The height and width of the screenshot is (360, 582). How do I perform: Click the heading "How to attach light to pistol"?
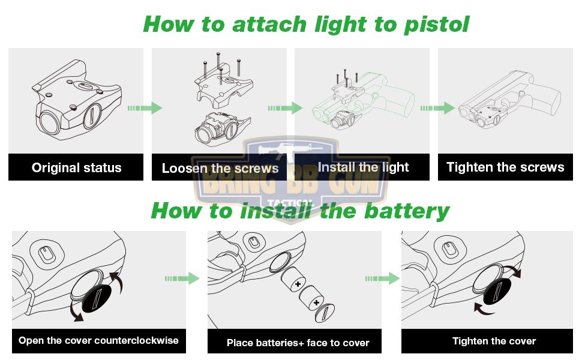pyautogui.click(x=306, y=25)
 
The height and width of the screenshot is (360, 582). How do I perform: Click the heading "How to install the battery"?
pyautogui.click(x=300, y=211)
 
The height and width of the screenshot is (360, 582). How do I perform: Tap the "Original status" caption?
pyautogui.click(x=76, y=168)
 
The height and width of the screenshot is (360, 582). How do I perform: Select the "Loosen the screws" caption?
pyautogui.click(x=220, y=169)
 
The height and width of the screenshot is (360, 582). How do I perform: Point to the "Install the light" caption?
pyautogui.click(x=364, y=167)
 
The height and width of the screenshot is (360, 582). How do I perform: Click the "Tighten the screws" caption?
pyautogui.click(x=505, y=167)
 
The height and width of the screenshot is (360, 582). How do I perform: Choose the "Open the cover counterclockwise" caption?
pyautogui.click(x=98, y=341)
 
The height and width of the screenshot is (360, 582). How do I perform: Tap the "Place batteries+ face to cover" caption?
pyautogui.click(x=298, y=343)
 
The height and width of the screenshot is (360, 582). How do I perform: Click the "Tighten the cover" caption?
pyautogui.click(x=494, y=341)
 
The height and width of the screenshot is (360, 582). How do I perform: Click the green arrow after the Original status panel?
pyautogui.click(x=145, y=108)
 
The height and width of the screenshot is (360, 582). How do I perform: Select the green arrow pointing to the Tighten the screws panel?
pyautogui.click(x=437, y=108)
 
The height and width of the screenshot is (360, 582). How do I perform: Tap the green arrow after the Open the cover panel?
pyautogui.click(x=182, y=278)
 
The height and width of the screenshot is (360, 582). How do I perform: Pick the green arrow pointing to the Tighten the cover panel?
pyautogui.click(x=382, y=278)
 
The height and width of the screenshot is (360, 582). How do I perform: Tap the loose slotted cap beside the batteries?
pyautogui.click(x=325, y=313)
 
